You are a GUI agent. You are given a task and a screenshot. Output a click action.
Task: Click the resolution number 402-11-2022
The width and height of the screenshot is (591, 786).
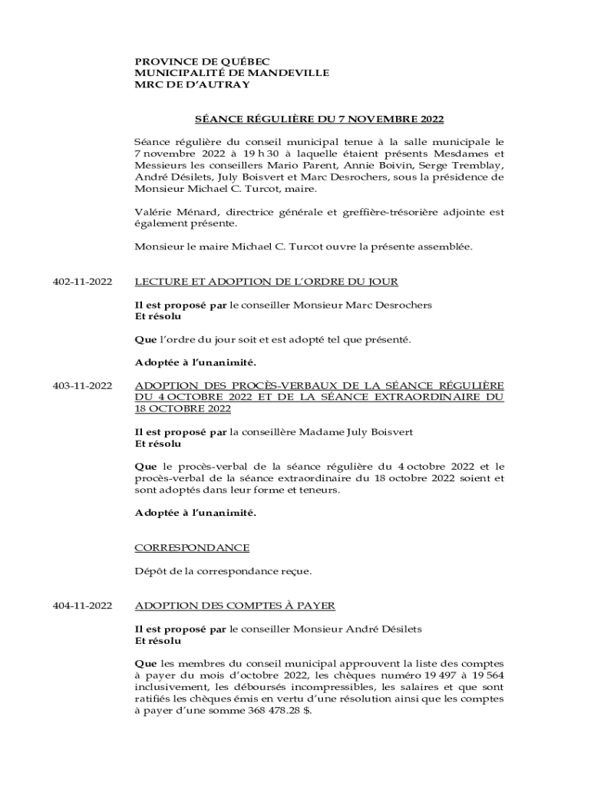pyautogui.click(x=82, y=282)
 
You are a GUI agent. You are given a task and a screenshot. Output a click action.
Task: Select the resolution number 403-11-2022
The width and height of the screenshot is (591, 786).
pyautogui.click(x=82, y=385)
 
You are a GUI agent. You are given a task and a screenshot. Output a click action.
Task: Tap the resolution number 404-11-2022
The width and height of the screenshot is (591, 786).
pyautogui.click(x=82, y=606)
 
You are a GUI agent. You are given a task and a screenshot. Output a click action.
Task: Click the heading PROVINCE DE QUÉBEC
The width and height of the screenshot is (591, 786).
pyautogui.click(x=203, y=61)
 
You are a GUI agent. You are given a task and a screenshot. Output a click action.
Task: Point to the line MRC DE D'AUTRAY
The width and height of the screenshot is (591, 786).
pyautogui.click(x=193, y=84)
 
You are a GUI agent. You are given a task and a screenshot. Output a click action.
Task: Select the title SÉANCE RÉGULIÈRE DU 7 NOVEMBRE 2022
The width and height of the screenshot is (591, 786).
pyautogui.click(x=318, y=120)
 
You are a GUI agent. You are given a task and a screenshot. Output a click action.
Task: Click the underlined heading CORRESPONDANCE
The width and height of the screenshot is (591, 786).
pyautogui.click(x=192, y=548)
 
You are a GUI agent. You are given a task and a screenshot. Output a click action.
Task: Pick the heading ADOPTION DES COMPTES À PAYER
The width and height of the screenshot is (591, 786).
pyautogui.click(x=235, y=606)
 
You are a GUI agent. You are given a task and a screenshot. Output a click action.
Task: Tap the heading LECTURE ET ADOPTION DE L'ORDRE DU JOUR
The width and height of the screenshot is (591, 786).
pyautogui.click(x=266, y=282)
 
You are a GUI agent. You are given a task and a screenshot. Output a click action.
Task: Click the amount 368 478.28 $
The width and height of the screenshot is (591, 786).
pyautogui.click(x=270, y=711)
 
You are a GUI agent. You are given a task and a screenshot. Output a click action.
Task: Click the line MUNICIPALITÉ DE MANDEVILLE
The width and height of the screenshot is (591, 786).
pyautogui.click(x=232, y=73)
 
